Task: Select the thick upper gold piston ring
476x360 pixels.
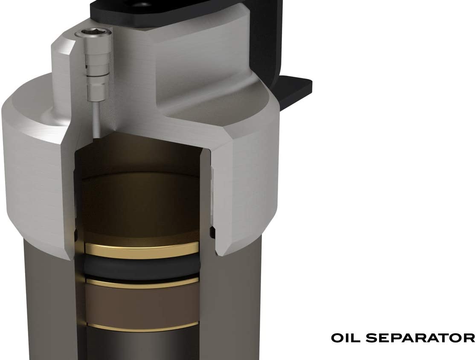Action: [x=142, y=248]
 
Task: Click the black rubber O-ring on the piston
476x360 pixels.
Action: [x=142, y=264]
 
